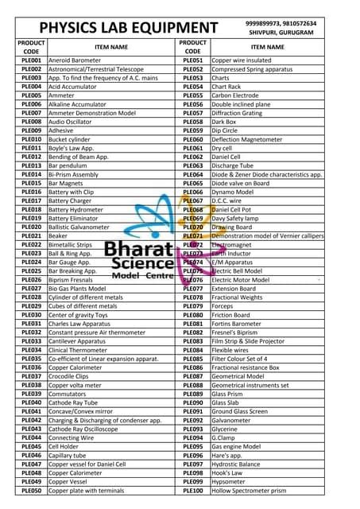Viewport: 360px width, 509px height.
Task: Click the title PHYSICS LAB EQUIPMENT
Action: point(128,29)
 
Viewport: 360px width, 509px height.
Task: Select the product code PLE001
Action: point(31,60)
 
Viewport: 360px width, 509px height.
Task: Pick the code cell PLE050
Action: point(31,491)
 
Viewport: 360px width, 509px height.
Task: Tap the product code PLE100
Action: point(192,491)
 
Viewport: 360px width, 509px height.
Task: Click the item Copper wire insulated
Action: point(242,60)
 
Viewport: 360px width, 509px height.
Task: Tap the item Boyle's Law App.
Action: point(75,148)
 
